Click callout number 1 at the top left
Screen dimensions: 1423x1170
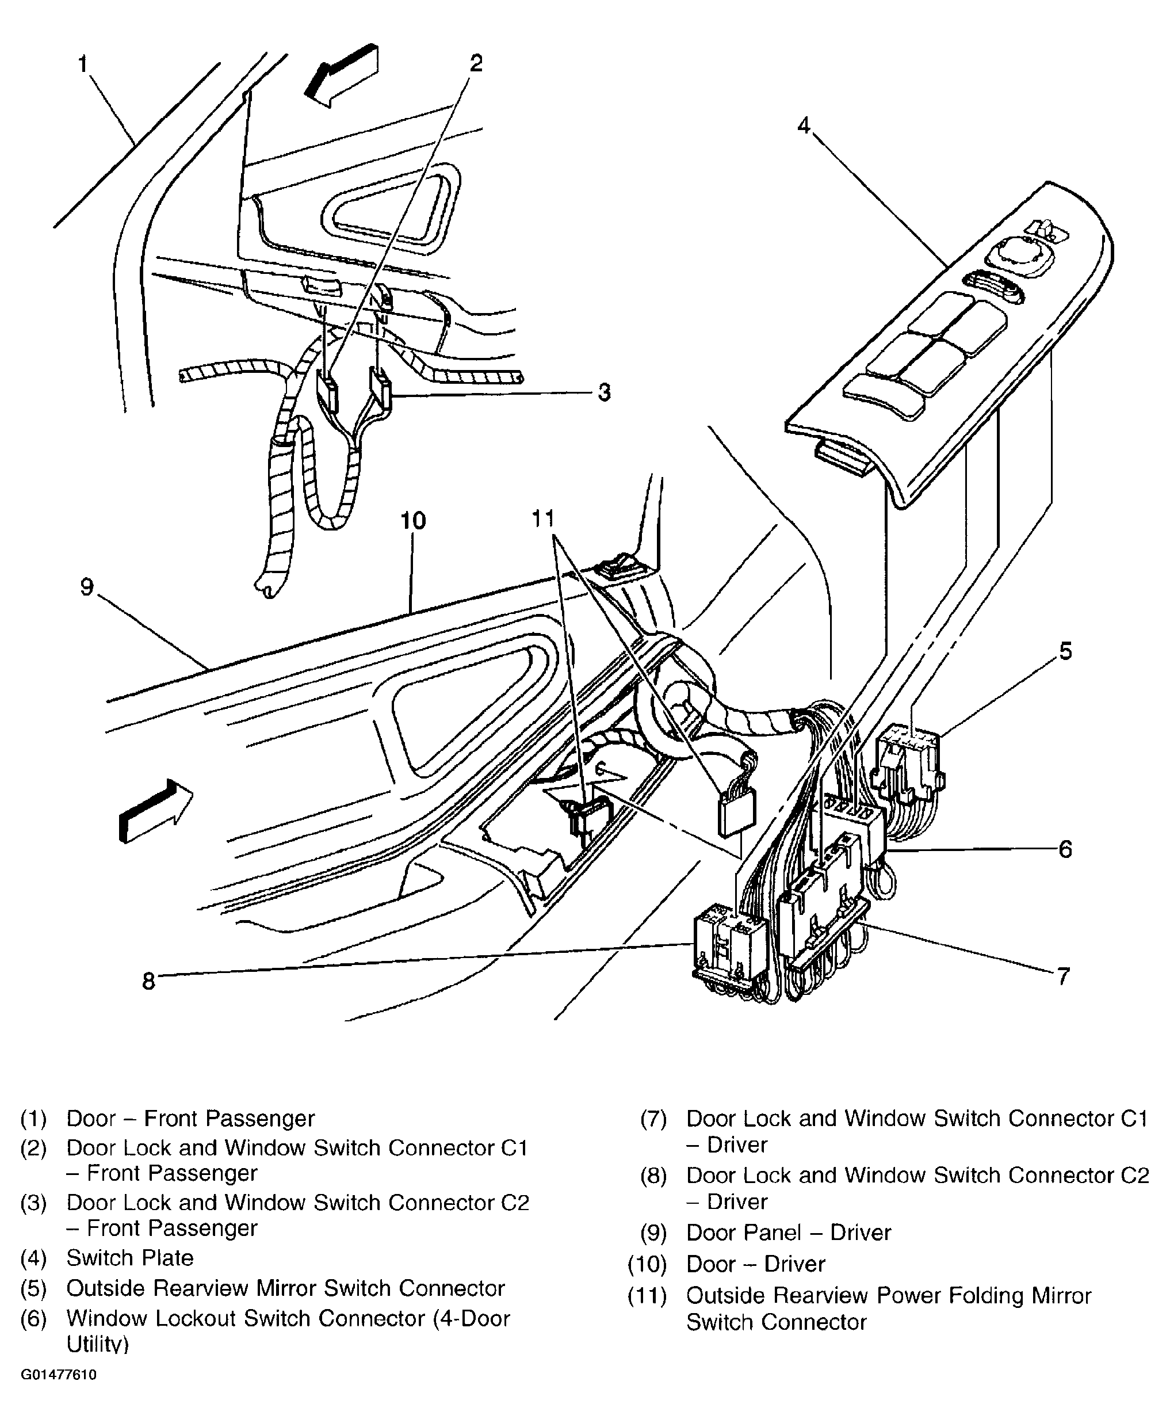(x=83, y=64)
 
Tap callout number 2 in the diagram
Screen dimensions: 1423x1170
(x=476, y=63)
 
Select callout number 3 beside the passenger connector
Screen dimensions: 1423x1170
(x=604, y=392)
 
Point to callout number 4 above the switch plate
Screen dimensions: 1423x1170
(x=804, y=125)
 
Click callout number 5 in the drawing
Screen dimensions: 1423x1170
(x=1065, y=651)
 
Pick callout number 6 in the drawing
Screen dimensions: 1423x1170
(x=1065, y=849)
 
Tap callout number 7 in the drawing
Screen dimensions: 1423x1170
(x=1064, y=975)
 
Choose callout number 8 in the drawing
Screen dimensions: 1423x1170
(x=148, y=981)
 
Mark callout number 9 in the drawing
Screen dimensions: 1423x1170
(x=87, y=586)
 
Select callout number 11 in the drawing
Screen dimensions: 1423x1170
(x=543, y=519)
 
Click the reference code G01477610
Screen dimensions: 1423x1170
(x=59, y=1375)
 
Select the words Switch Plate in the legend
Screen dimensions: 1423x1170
(x=129, y=1258)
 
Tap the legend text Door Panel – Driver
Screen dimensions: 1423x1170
(x=788, y=1232)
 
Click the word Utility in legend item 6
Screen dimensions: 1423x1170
(x=97, y=1344)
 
